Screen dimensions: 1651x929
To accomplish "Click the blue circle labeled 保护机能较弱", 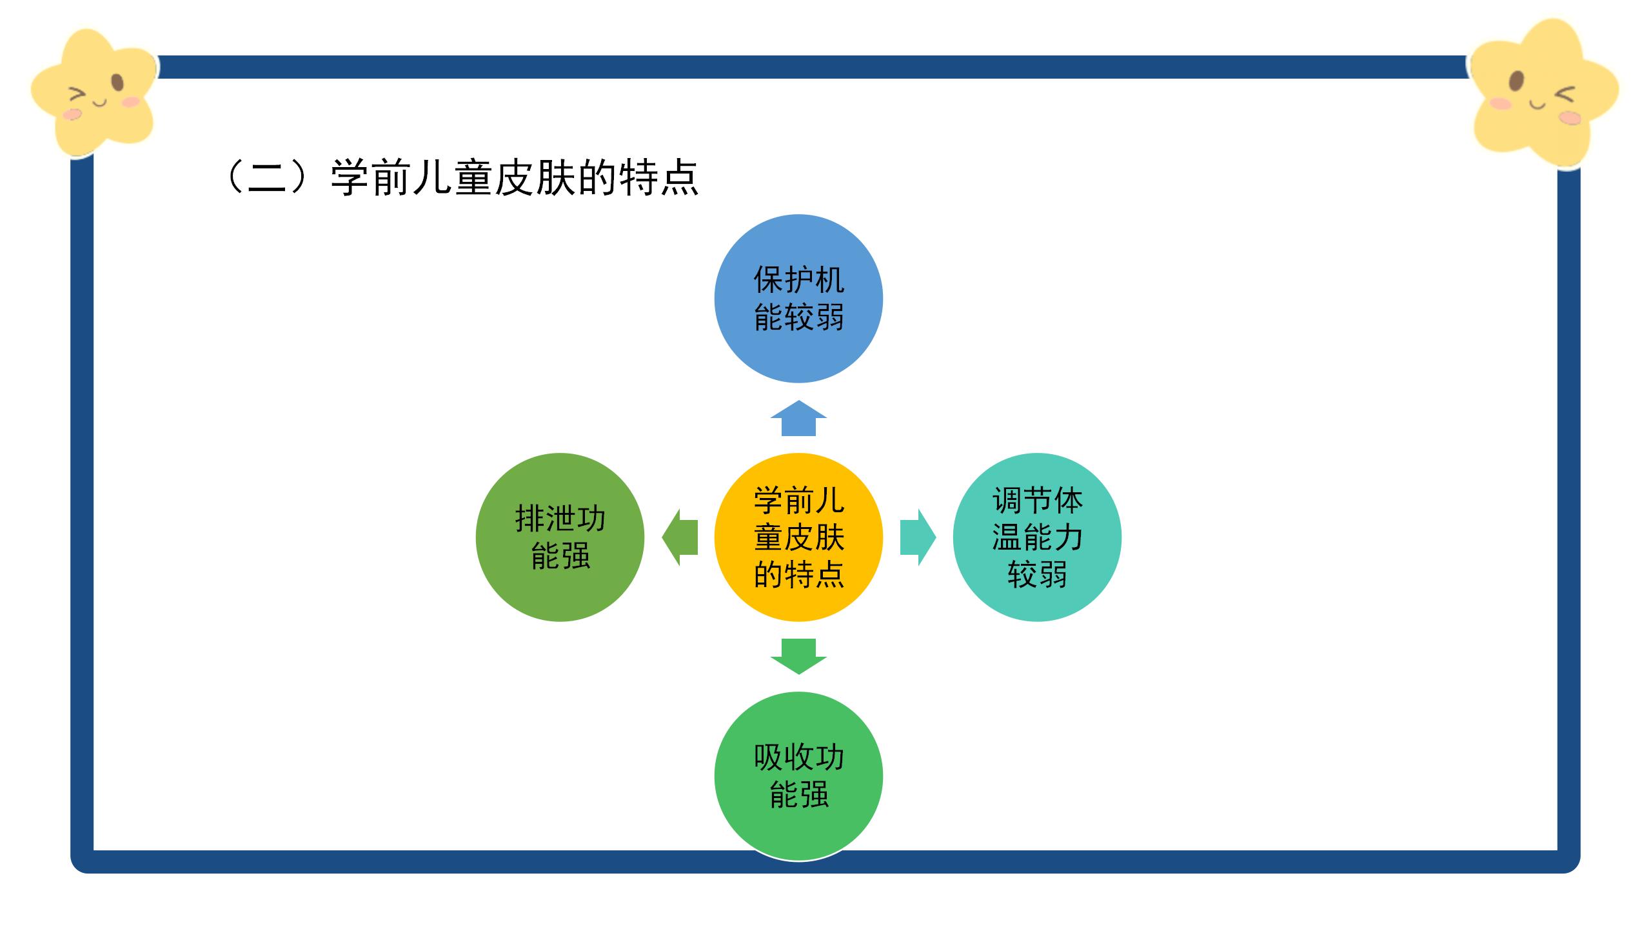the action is click(x=798, y=299).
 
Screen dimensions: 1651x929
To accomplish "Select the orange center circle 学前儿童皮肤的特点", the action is click(x=798, y=537).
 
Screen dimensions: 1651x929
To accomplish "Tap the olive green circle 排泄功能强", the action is click(x=560, y=537).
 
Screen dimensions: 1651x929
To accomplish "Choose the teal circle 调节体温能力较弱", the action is click(x=1037, y=537).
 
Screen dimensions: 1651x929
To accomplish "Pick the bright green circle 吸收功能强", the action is click(x=798, y=776).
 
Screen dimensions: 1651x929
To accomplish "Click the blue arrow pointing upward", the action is click(x=798, y=419).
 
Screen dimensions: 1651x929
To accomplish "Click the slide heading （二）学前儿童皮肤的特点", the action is click(x=460, y=177).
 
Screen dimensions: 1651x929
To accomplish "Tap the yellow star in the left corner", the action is click(x=94, y=94).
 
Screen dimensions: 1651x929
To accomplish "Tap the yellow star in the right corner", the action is click(x=1544, y=94).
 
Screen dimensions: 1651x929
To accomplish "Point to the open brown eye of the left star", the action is click(x=117, y=83).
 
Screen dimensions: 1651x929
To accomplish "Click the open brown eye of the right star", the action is click(x=1517, y=82).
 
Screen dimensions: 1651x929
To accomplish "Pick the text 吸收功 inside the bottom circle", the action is click(x=798, y=757).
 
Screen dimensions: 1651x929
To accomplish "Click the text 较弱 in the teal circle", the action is click(x=1037, y=574).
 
